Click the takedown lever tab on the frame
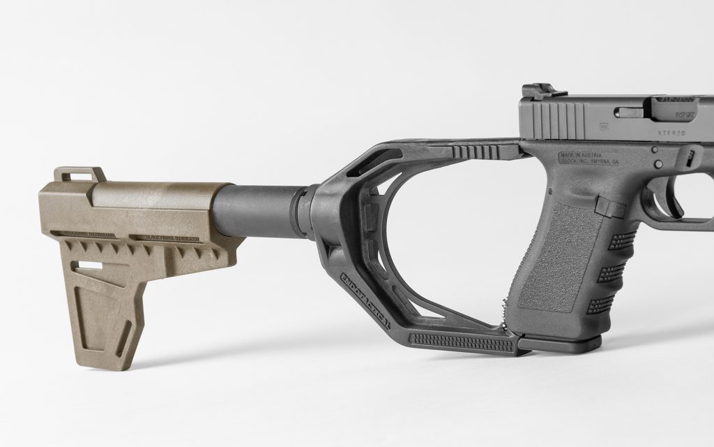[690, 158]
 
